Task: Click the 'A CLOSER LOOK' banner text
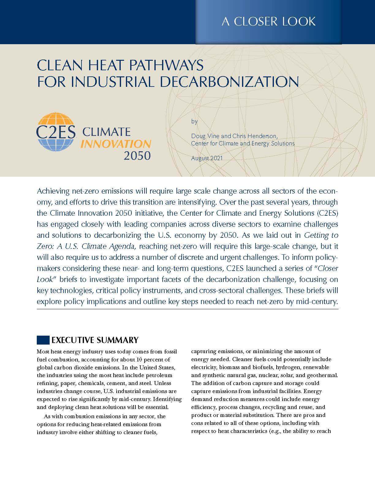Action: (x=268, y=21)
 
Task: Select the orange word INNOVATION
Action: (x=116, y=144)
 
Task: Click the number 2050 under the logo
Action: (x=137, y=156)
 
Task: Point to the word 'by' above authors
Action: (x=194, y=121)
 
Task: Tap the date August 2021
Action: (x=207, y=158)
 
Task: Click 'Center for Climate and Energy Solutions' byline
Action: (x=243, y=143)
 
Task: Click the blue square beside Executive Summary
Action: (x=43, y=340)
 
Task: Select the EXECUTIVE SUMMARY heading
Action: (x=95, y=340)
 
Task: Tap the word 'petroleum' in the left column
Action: (x=159, y=375)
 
